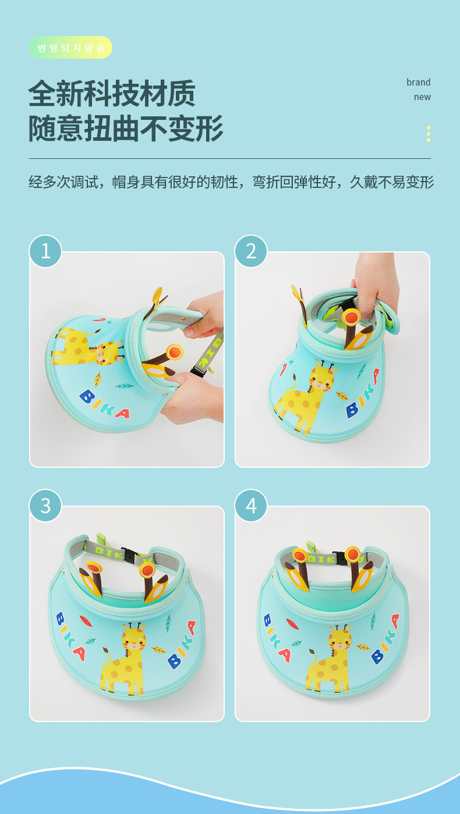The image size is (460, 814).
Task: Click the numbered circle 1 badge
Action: (45, 251)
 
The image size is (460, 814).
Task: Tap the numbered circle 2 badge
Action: (251, 251)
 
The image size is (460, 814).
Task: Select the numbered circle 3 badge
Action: (45, 506)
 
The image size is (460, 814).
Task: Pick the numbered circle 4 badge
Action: (251, 506)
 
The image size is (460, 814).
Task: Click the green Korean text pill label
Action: (70, 48)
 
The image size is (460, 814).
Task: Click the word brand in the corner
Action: (418, 82)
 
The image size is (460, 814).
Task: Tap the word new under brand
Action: (422, 97)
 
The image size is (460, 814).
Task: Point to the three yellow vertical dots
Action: (429, 134)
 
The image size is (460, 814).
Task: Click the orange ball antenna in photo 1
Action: (175, 352)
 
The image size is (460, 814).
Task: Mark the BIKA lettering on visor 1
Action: (104, 404)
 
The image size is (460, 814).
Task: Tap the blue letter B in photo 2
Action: (352, 411)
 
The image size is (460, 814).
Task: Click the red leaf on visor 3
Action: (86, 621)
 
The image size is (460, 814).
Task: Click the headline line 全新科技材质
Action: (112, 94)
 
